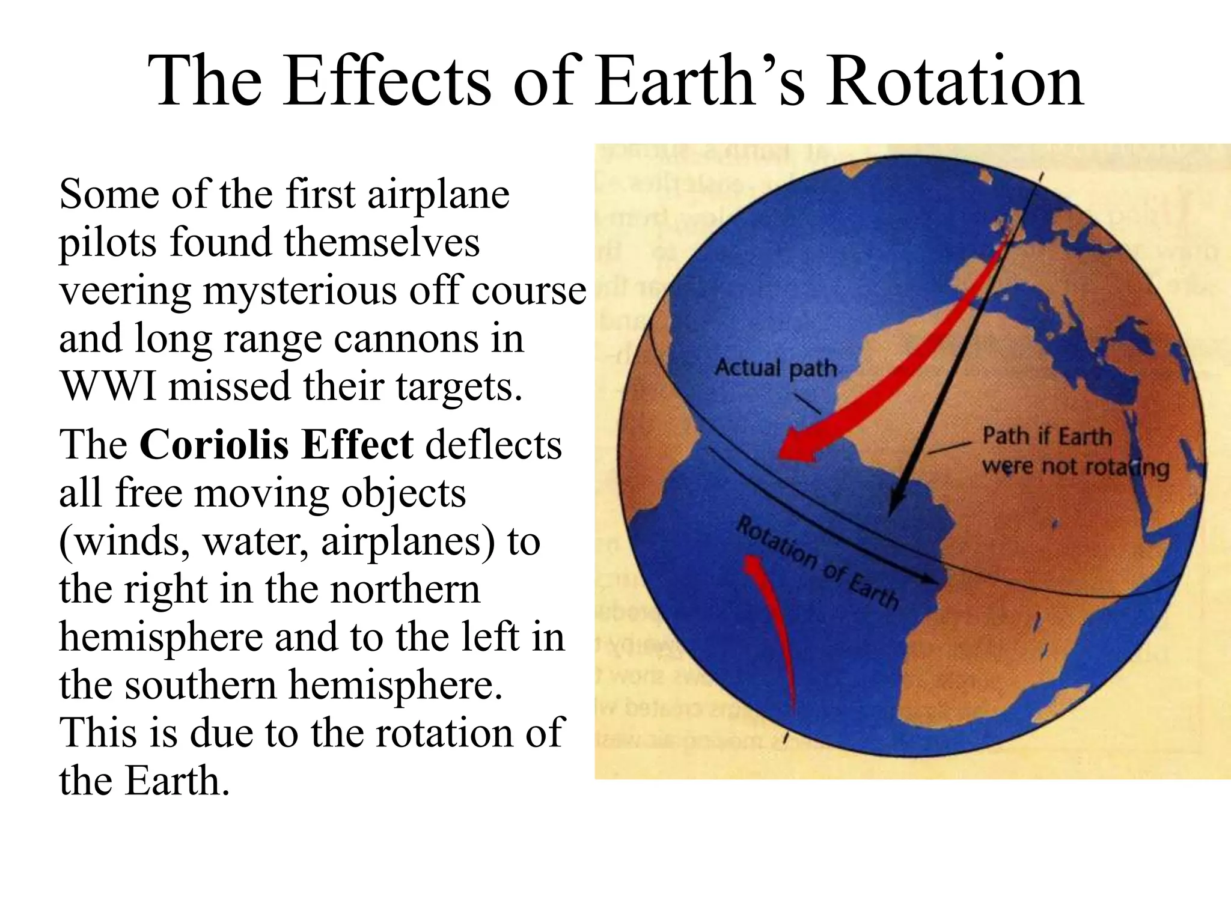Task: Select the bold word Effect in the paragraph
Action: tap(357, 446)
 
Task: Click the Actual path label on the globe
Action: tap(775, 367)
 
